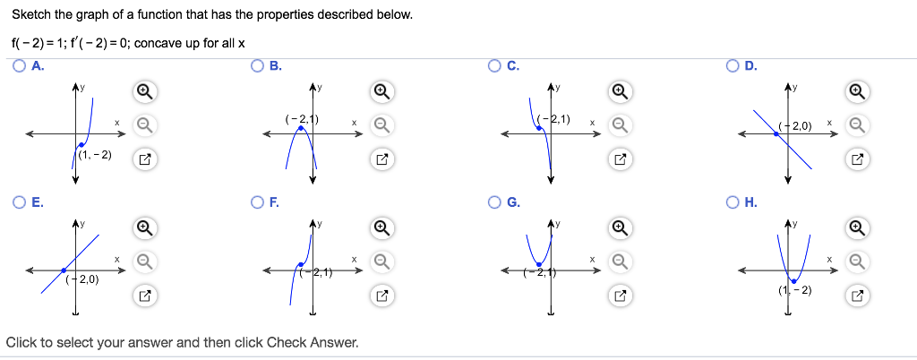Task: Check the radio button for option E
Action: (20, 202)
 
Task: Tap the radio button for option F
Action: (258, 202)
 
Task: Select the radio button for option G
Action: (494, 202)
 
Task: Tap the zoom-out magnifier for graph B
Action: (381, 124)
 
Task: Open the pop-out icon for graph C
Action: (619, 159)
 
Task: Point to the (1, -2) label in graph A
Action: (96, 156)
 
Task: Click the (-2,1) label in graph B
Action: (303, 119)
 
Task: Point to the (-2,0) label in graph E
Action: (82, 279)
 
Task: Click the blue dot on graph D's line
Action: (776, 133)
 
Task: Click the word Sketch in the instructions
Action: (30, 15)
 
